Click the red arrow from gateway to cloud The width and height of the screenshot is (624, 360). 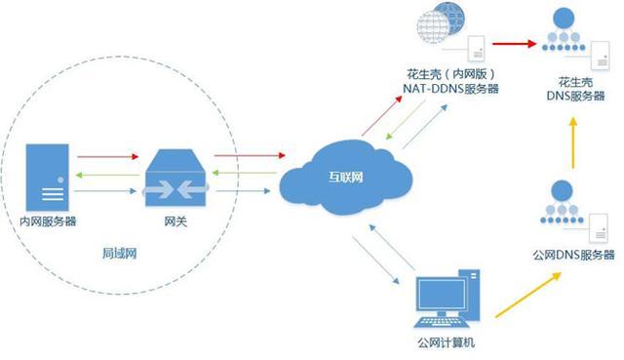pos(248,154)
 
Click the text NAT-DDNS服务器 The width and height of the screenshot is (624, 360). pos(452,89)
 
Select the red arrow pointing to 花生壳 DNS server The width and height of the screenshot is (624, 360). pos(514,44)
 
